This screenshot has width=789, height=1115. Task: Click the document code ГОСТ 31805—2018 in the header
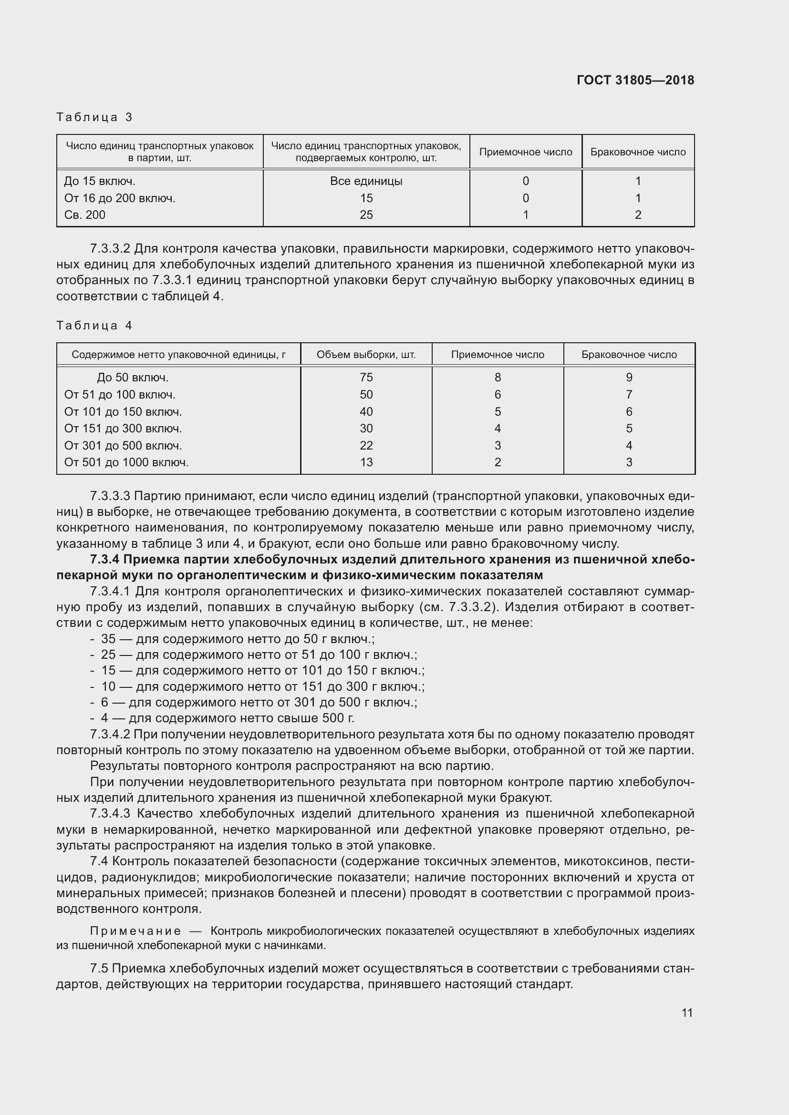(635, 80)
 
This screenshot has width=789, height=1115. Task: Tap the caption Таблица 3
(94, 117)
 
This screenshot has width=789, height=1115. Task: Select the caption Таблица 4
(94, 326)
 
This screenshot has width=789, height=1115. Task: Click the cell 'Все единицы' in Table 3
(366, 181)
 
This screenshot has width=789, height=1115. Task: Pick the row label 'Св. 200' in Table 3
(84, 215)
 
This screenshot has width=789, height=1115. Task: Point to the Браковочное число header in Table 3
(637, 152)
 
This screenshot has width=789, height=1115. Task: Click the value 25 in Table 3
(366, 215)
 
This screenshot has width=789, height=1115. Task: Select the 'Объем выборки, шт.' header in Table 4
(366, 355)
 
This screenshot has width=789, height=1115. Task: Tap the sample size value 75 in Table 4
(366, 378)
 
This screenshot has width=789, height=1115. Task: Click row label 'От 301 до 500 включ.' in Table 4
(123, 445)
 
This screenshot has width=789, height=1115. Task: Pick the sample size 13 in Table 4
(366, 462)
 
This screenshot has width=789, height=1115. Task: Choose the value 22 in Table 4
(366, 445)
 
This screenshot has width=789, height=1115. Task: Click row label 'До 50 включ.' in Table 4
(132, 378)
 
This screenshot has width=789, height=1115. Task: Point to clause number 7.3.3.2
(110, 249)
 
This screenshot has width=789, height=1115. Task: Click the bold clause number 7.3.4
(104, 560)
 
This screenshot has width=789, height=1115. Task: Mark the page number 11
(686, 1013)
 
